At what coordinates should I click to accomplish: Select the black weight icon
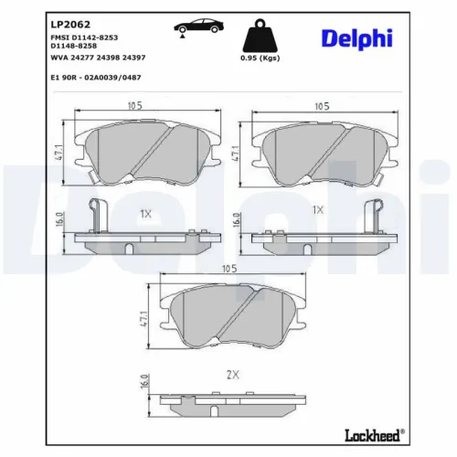point(260,37)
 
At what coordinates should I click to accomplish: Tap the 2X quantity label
point(232,375)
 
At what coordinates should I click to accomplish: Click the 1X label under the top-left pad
point(143,212)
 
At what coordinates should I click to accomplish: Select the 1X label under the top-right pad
point(317,210)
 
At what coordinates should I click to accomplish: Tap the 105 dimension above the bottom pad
point(228,269)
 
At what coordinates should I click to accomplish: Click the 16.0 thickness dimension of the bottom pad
point(143,382)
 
